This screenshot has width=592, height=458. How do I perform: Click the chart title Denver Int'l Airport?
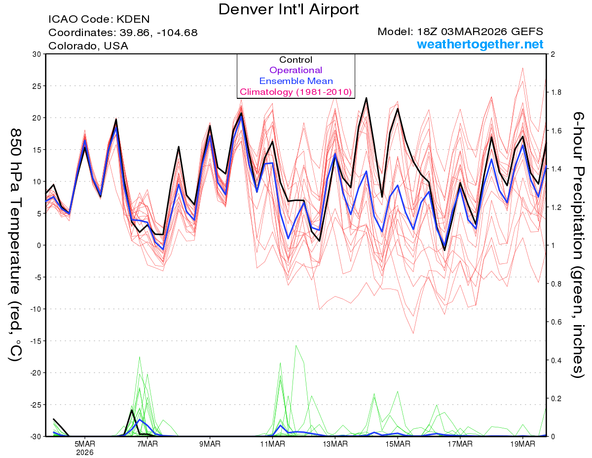(289, 9)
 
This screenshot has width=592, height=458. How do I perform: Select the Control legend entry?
(296, 60)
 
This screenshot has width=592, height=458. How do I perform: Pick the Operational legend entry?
(296, 70)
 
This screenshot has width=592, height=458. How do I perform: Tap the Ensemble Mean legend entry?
(296, 81)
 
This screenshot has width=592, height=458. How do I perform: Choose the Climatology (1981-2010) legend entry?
(296, 92)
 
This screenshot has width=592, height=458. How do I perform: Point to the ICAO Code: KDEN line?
(99, 19)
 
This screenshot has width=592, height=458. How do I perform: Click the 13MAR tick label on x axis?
(335, 444)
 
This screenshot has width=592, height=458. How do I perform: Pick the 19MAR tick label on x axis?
(522, 444)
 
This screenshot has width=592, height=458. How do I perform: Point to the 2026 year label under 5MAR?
(85, 452)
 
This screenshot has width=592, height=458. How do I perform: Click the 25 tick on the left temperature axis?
(36, 86)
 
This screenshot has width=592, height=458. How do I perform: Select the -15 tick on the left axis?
(34, 341)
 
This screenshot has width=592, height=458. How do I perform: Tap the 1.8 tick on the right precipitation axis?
(556, 92)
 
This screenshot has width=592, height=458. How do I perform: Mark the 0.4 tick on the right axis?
(556, 360)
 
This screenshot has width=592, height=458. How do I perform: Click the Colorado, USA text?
(88, 46)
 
